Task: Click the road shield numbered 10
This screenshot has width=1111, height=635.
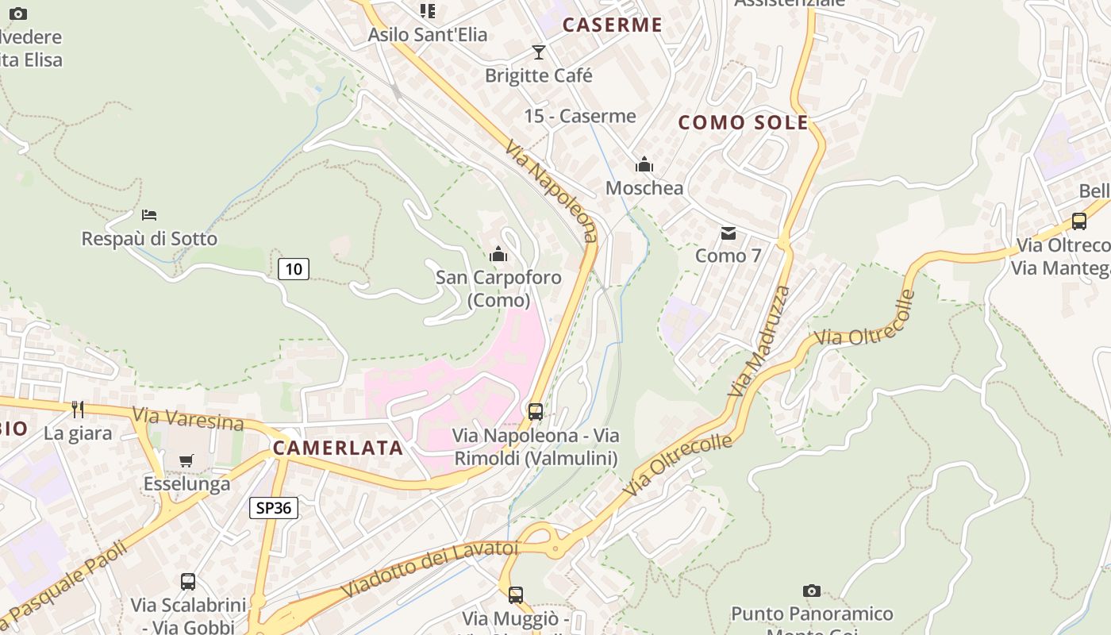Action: pyautogui.click(x=294, y=269)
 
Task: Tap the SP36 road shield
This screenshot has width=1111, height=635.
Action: pyautogui.click(x=274, y=508)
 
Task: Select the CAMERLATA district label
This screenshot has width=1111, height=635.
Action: pyautogui.click(x=338, y=448)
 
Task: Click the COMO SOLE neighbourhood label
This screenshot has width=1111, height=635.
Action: pyautogui.click(x=744, y=123)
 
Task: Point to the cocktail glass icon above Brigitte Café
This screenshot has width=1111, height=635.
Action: pyautogui.click(x=539, y=52)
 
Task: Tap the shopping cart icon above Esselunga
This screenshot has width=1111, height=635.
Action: pyautogui.click(x=186, y=460)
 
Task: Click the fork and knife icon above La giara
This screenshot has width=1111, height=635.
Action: pyautogui.click(x=78, y=410)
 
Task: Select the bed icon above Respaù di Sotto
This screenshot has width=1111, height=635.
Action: pyautogui.click(x=149, y=215)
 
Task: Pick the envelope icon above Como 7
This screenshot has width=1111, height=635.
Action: pyautogui.click(x=728, y=233)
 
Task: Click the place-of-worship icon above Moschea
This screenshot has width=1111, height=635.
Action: pyautogui.click(x=644, y=165)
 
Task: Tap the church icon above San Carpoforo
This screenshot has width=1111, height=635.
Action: pyautogui.click(x=498, y=254)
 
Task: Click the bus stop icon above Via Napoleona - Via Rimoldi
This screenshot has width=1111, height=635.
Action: pyautogui.click(x=536, y=412)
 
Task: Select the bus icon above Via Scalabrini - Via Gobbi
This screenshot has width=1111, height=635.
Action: pyautogui.click(x=188, y=582)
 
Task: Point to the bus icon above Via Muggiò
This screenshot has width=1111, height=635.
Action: pyautogui.click(x=516, y=595)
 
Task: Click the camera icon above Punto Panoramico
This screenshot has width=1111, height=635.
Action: pyautogui.click(x=811, y=591)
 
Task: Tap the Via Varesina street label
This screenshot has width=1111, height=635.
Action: pyautogui.click(x=188, y=418)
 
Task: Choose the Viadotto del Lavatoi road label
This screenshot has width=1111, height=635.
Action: pyautogui.click(x=429, y=569)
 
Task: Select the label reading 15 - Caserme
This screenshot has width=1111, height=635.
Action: pyautogui.click(x=580, y=117)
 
